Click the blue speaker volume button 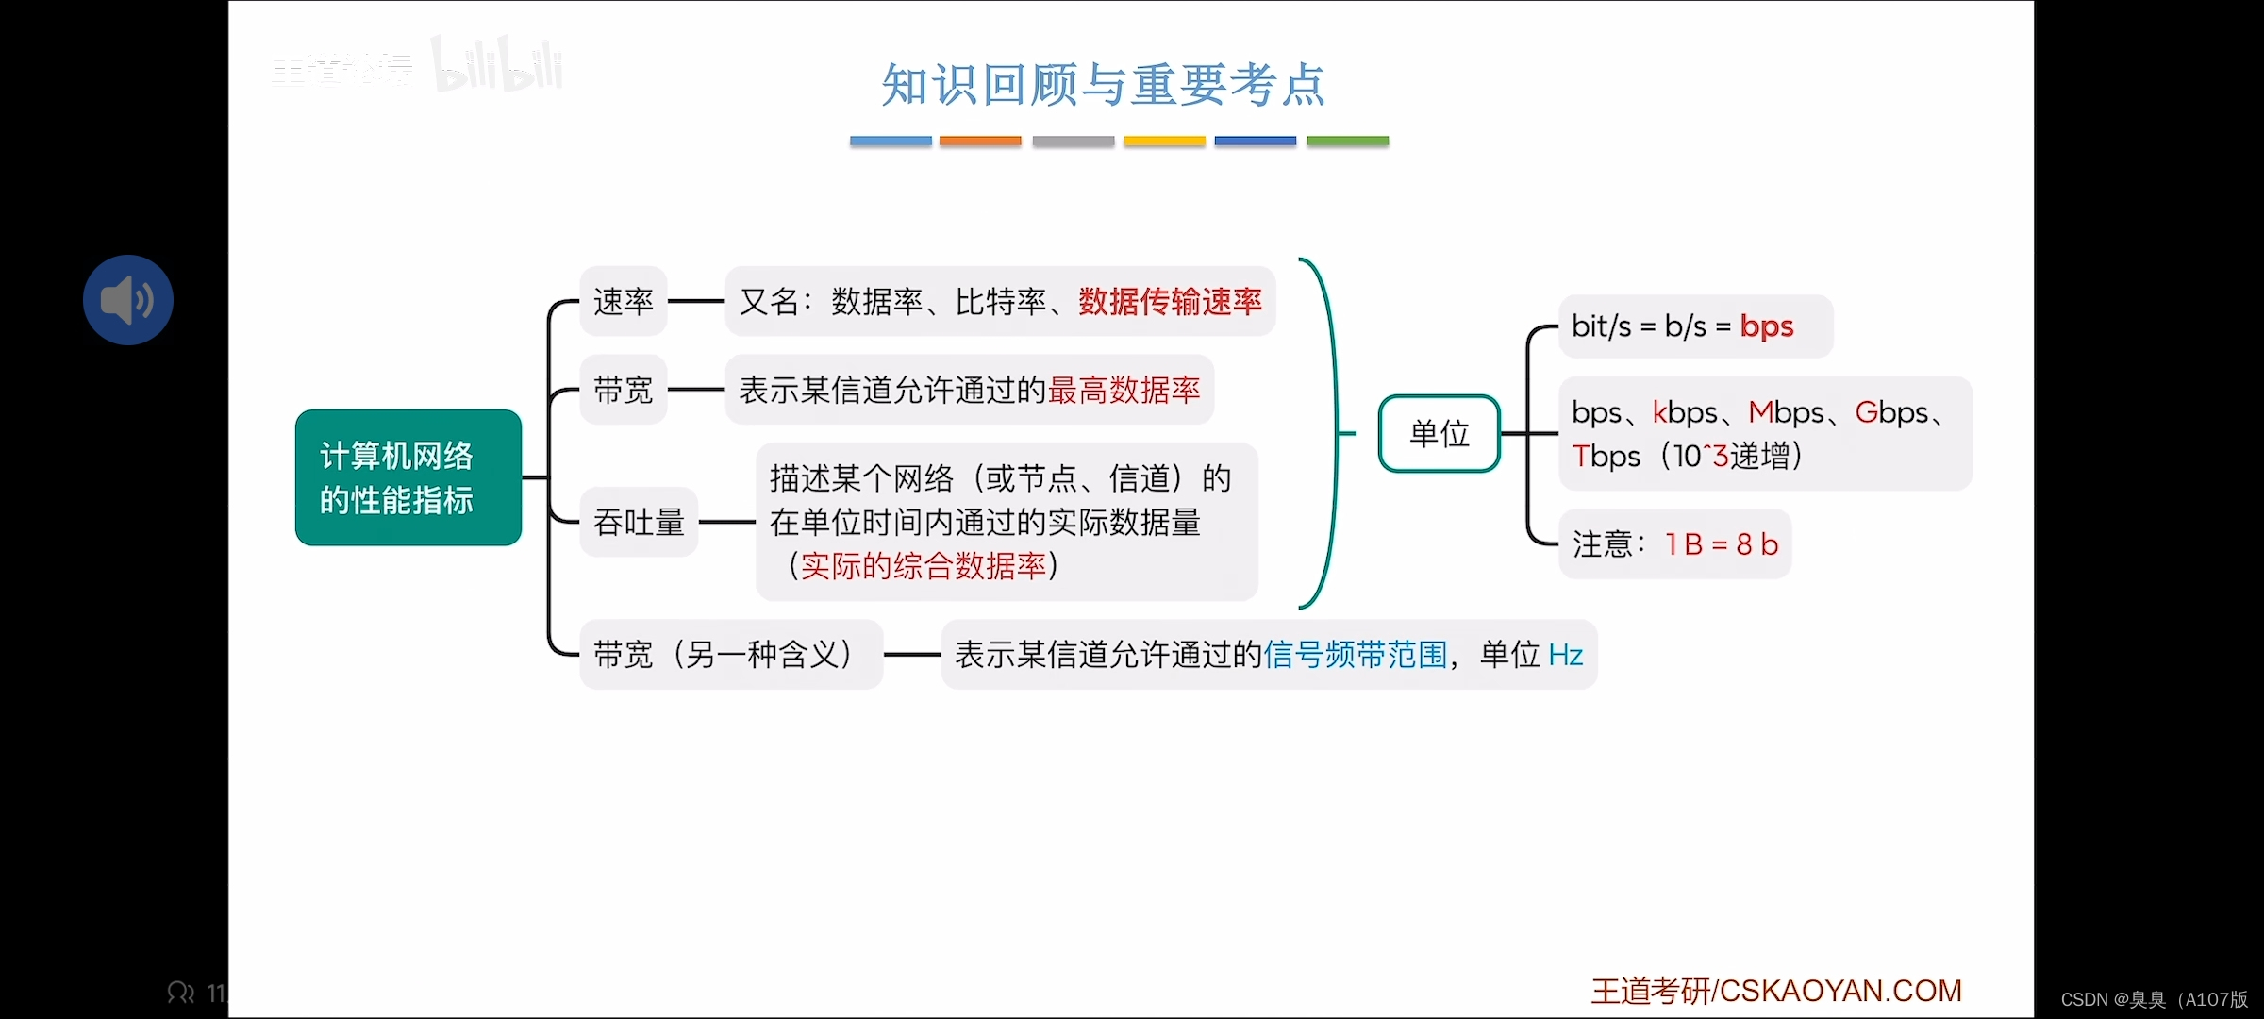point(128,300)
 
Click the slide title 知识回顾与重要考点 point(1103,85)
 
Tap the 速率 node point(623,302)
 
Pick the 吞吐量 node point(639,522)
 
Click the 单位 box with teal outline point(1439,434)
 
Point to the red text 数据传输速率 point(1170,302)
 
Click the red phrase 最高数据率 point(1124,390)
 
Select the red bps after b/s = point(1766,326)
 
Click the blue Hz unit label point(1566,655)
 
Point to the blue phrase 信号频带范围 point(1355,655)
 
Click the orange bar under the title point(980,142)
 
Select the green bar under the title point(1347,142)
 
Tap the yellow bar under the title point(1164,142)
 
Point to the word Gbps point(1891,412)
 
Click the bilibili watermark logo point(497,65)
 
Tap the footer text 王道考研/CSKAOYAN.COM point(1775,991)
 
